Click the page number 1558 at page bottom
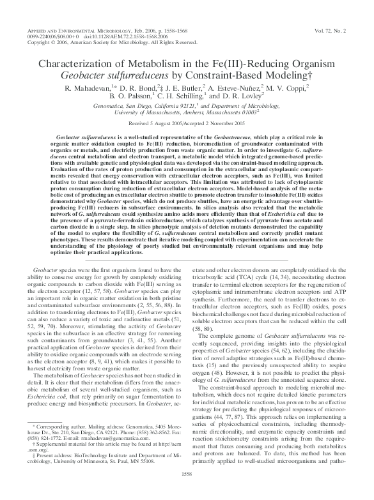tap(187, 491)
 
